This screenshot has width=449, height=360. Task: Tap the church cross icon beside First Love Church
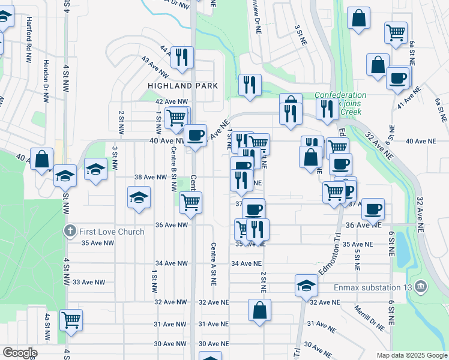pos(70,232)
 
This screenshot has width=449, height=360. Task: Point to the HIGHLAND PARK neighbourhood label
pos(183,86)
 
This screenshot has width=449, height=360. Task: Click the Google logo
pos(20,353)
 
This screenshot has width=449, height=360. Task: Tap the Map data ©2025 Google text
pos(411,355)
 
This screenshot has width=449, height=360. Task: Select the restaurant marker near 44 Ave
pos(181,58)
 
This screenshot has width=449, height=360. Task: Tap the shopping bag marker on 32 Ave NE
pos(259,311)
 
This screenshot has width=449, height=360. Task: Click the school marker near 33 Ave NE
pos(306,286)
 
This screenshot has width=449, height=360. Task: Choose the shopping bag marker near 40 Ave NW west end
pos(41,160)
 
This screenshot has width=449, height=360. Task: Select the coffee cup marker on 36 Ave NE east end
pos(373,209)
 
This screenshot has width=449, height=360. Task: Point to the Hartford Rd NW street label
pos(28,40)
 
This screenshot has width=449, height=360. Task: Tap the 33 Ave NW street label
pos(89,282)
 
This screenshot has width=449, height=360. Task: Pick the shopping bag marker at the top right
pos(359,19)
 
